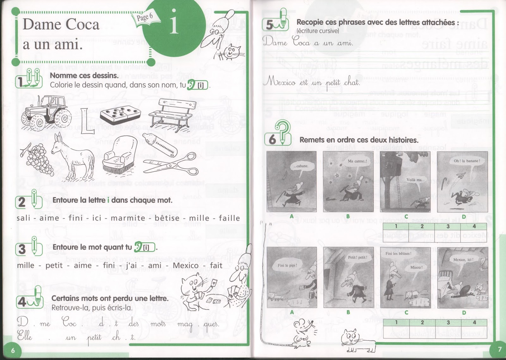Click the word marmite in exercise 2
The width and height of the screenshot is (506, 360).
click(x=128, y=218)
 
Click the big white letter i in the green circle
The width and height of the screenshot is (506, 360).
click(x=174, y=22)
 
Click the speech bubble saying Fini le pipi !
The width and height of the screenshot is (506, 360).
click(x=287, y=266)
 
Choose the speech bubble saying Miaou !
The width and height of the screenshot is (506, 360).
click(x=416, y=268)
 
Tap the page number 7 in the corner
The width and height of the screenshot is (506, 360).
click(x=499, y=349)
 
